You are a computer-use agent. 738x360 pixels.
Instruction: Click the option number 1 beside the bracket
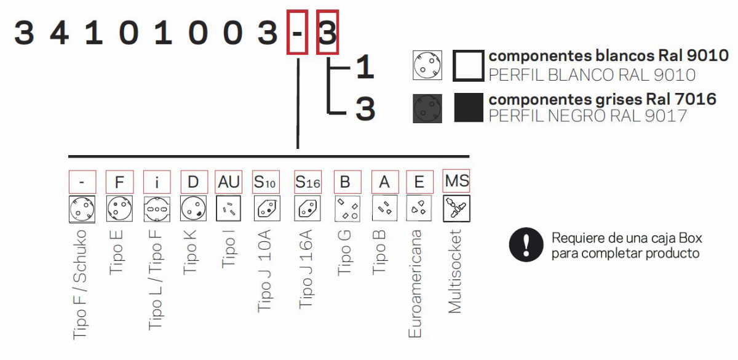coord(365,68)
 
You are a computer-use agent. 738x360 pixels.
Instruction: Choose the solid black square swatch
coord(468,107)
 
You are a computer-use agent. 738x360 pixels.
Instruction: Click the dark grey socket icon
coord(427,107)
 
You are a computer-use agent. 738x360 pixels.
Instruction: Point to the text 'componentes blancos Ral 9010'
coord(608,56)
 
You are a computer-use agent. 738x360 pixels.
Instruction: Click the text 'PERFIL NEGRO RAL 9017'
coord(587,116)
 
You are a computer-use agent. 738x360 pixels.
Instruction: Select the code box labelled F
coord(119,182)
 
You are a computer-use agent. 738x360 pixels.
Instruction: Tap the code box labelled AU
coord(229,182)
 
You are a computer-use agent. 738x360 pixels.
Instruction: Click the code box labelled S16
coord(307,182)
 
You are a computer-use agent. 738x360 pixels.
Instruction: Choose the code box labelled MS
coord(456,181)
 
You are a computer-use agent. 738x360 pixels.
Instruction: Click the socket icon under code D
coord(192,209)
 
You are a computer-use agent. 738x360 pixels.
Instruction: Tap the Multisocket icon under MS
coord(456,209)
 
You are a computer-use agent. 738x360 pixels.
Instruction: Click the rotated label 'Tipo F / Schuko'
coord(81,283)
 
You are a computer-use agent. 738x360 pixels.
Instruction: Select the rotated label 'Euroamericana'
coord(416,283)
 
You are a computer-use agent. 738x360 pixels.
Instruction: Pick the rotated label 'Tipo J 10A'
coord(265,271)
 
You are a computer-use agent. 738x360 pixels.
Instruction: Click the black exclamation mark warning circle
coord(526,245)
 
